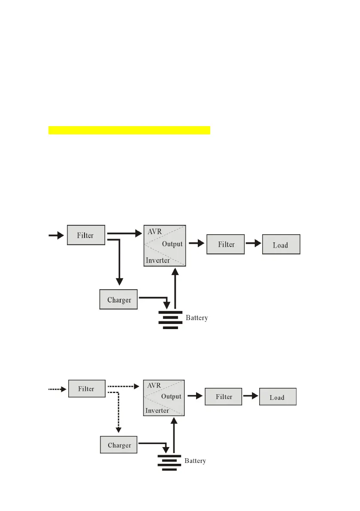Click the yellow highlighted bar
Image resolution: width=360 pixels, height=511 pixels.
pos(129,130)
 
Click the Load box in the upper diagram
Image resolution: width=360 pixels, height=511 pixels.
pos(281,245)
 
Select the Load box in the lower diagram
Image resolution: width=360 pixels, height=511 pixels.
pos(278,397)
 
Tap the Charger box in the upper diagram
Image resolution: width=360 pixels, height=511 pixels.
pos(119,299)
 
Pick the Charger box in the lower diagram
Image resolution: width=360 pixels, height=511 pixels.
pos(119,445)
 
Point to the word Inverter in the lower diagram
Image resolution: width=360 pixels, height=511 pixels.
pos(157,411)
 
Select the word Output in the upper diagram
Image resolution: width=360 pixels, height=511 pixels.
pos(172,244)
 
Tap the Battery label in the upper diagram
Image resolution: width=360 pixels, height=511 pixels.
pos(197,318)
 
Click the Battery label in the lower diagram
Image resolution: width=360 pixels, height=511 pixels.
pos(195,461)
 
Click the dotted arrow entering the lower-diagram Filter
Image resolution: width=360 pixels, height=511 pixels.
pos(57,389)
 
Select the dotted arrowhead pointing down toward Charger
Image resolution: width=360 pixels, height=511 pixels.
pos(118,429)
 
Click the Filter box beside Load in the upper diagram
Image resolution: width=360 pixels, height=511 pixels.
pos(226,244)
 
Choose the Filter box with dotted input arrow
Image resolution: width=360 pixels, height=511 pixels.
pos(86,389)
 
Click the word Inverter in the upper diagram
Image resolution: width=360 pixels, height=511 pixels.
pos(157,260)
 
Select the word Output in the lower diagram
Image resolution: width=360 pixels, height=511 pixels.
pos(171,396)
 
